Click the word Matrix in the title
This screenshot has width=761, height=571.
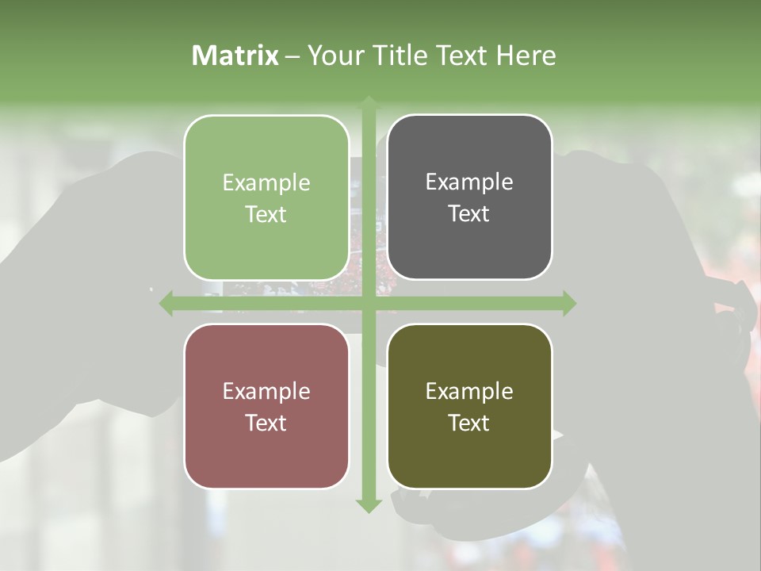(x=235, y=56)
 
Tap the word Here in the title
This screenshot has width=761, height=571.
(x=526, y=56)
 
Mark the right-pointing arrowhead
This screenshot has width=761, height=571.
(x=568, y=304)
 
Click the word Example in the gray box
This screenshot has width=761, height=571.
(x=469, y=182)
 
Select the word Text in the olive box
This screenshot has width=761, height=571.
(x=469, y=423)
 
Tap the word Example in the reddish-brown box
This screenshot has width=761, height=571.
(x=266, y=392)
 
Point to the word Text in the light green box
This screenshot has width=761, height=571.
(x=266, y=215)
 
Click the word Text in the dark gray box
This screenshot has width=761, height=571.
(x=469, y=214)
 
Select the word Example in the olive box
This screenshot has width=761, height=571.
(x=469, y=392)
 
